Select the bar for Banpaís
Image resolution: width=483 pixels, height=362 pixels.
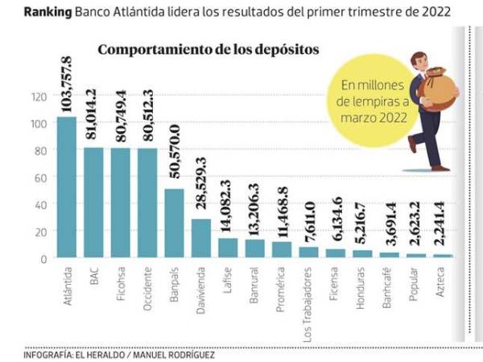pos(175,223)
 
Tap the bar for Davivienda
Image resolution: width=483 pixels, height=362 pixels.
pos(201,238)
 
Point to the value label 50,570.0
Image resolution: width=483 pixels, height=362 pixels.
pos(175,155)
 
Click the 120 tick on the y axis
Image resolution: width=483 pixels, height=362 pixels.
pos(39,97)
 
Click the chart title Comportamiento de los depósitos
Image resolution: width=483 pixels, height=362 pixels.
pos(208,49)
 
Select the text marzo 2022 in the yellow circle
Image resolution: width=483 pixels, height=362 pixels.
pos(372,117)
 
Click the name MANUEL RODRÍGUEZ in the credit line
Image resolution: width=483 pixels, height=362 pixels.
pos(176,353)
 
